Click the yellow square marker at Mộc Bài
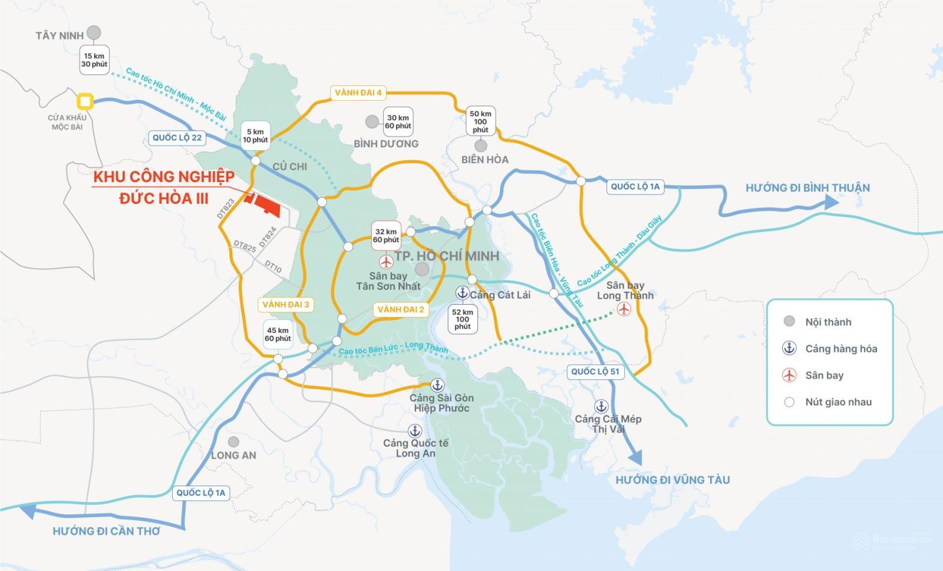(86, 101)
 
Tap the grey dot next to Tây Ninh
(93, 32)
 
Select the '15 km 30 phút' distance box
(94, 60)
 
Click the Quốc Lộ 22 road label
(177, 138)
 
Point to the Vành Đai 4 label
(358, 93)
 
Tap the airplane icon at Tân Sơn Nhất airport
(386, 261)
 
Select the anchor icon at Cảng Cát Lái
(462, 293)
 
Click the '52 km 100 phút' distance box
(463, 319)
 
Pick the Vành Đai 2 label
(401, 309)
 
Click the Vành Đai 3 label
(286, 305)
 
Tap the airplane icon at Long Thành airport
(624, 309)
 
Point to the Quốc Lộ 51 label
(595, 371)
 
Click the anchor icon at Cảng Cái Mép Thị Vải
(601, 406)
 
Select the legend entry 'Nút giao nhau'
(838, 402)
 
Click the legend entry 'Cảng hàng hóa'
(840, 348)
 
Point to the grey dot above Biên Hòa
(481, 145)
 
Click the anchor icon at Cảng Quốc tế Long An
(415, 430)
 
